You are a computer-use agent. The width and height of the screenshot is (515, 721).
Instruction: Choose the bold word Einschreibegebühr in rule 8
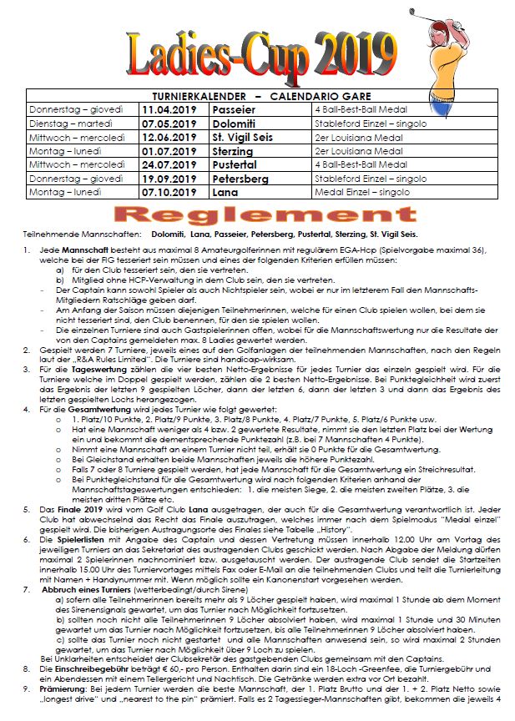coord(84,669)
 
